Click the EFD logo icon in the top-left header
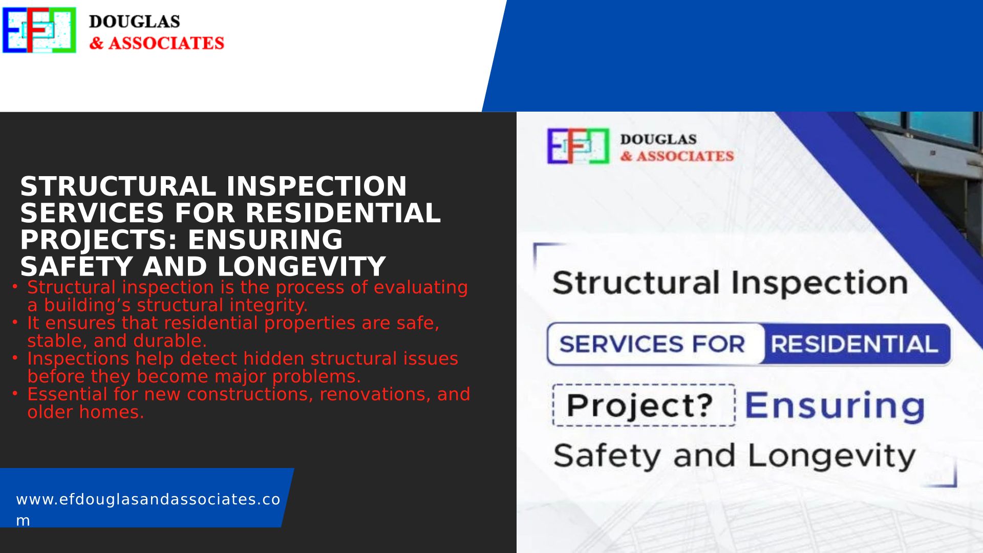[x=39, y=30]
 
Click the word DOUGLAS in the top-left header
[x=134, y=22]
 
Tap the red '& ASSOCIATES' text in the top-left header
[x=157, y=43]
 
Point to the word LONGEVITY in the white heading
[x=302, y=267]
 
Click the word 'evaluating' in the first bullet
[x=420, y=288]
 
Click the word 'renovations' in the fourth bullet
[x=376, y=394]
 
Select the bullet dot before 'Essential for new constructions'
[x=15, y=393]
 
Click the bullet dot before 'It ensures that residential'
[x=15, y=322]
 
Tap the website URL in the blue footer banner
[x=148, y=509]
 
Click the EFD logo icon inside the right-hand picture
[x=579, y=146]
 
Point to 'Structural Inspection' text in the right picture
[x=730, y=283]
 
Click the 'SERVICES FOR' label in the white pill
[x=652, y=344]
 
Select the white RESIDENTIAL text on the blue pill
[x=854, y=344]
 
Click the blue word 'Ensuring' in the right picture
[x=835, y=406]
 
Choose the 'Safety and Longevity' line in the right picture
[x=734, y=456]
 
